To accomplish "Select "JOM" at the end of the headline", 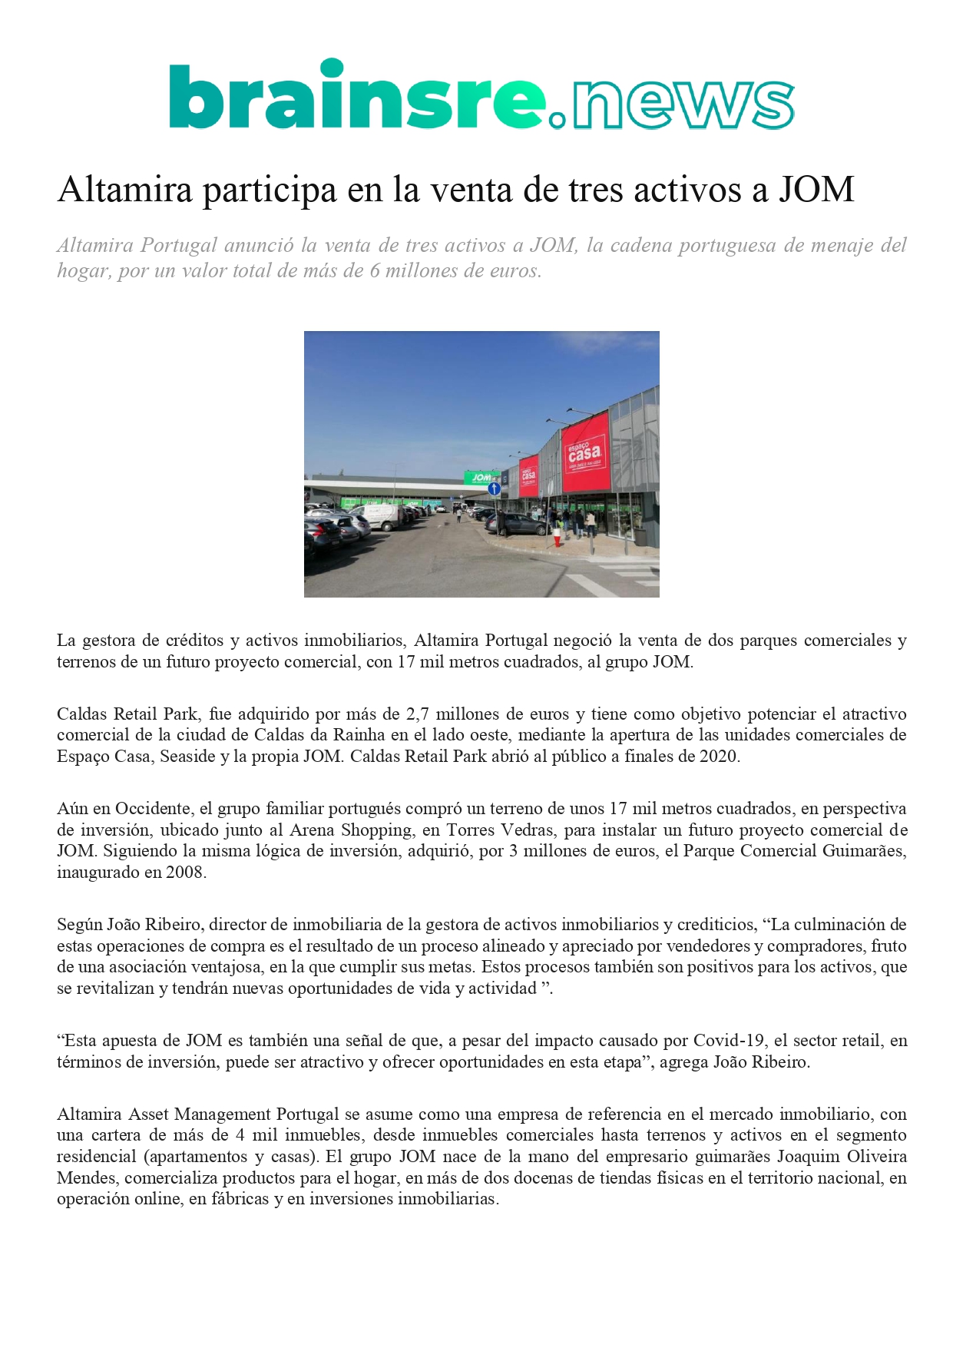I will point(817,190).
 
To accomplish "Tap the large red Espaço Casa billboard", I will point(585,453).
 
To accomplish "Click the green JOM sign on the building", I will point(481,478).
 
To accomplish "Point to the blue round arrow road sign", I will point(495,489).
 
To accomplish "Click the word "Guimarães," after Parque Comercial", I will point(864,851).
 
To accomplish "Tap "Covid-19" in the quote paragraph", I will point(729,1041).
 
